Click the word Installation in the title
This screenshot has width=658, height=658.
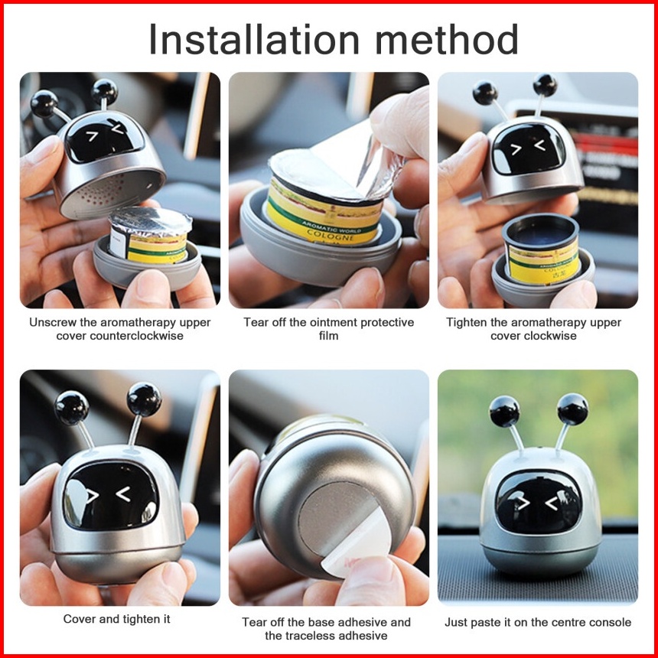(254, 39)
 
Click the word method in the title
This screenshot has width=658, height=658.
(447, 39)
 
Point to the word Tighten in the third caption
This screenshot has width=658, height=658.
(467, 323)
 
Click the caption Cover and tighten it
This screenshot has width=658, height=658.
(116, 619)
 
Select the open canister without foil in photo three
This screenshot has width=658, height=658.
(542, 249)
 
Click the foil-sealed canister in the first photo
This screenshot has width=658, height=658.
(149, 235)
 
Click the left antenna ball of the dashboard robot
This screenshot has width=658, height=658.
(504, 411)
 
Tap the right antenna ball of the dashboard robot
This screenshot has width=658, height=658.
(572, 409)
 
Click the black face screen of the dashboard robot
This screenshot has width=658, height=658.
(539, 502)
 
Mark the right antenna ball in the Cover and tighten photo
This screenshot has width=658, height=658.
(144, 399)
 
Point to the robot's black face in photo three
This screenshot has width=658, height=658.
(529, 148)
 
